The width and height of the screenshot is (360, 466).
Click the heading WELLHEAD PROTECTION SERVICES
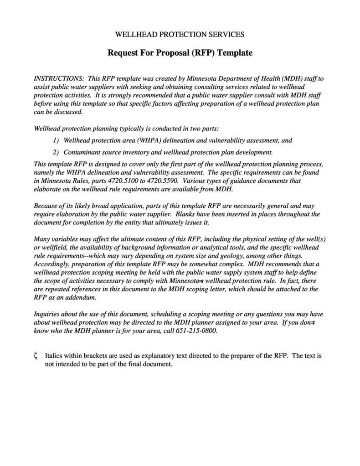pyautogui.click(x=180, y=34)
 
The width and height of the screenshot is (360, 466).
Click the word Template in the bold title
pyautogui.click(x=235, y=53)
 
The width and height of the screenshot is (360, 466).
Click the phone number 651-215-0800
pyautogui.click(x=196, y=331)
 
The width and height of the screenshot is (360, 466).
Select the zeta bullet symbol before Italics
pyautogui.click(x=36, y=356)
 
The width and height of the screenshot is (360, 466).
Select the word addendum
pyautogui.click(x=81, y=297)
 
